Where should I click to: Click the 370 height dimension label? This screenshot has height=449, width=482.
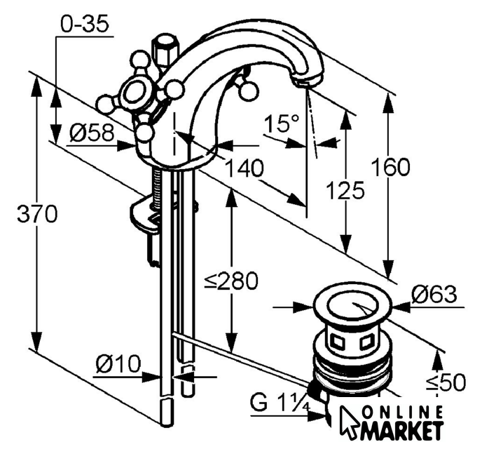tap(37, 214)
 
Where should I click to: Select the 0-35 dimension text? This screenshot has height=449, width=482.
tap(85, 24)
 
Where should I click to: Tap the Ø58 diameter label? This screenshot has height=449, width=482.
tap(92, 133)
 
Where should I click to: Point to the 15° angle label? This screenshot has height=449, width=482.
tap(281, 123)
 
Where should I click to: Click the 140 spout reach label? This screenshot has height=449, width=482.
tap(245, 168)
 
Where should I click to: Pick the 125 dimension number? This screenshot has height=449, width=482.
tap(345, 191)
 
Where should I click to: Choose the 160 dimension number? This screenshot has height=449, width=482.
tap(390, 167)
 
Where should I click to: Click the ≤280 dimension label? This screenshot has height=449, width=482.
tap(231, 281)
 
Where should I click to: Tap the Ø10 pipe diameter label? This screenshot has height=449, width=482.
tap(118, 363)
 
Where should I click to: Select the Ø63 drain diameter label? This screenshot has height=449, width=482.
tap(434, 295)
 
